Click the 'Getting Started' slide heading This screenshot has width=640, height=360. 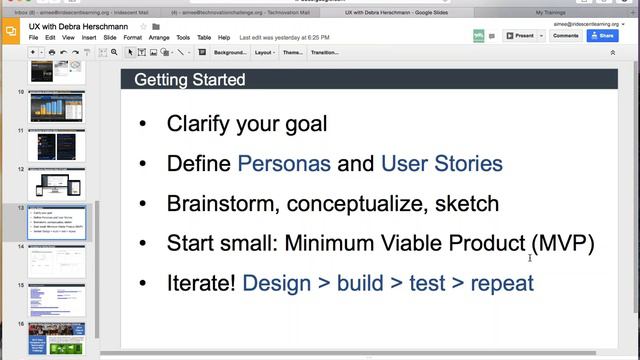tap(190, 80)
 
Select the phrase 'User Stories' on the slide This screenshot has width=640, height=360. tap(441, 163)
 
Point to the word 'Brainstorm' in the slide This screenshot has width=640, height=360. tap(221, 203)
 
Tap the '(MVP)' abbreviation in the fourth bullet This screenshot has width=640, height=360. tap(563, 243)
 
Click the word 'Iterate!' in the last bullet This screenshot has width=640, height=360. tap(201, 283)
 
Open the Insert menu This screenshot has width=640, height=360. tap(89, 37)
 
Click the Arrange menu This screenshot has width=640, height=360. tap(159, 37)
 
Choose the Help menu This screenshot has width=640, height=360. tap(224, 37)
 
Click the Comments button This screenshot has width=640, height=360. tap(565, 35)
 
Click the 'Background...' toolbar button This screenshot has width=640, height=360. tap(228, 52)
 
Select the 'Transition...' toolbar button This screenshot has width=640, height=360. tap(324, 52)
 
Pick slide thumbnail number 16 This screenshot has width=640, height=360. tap(57, 340)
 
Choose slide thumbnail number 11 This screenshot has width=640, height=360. tap(57, 145)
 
